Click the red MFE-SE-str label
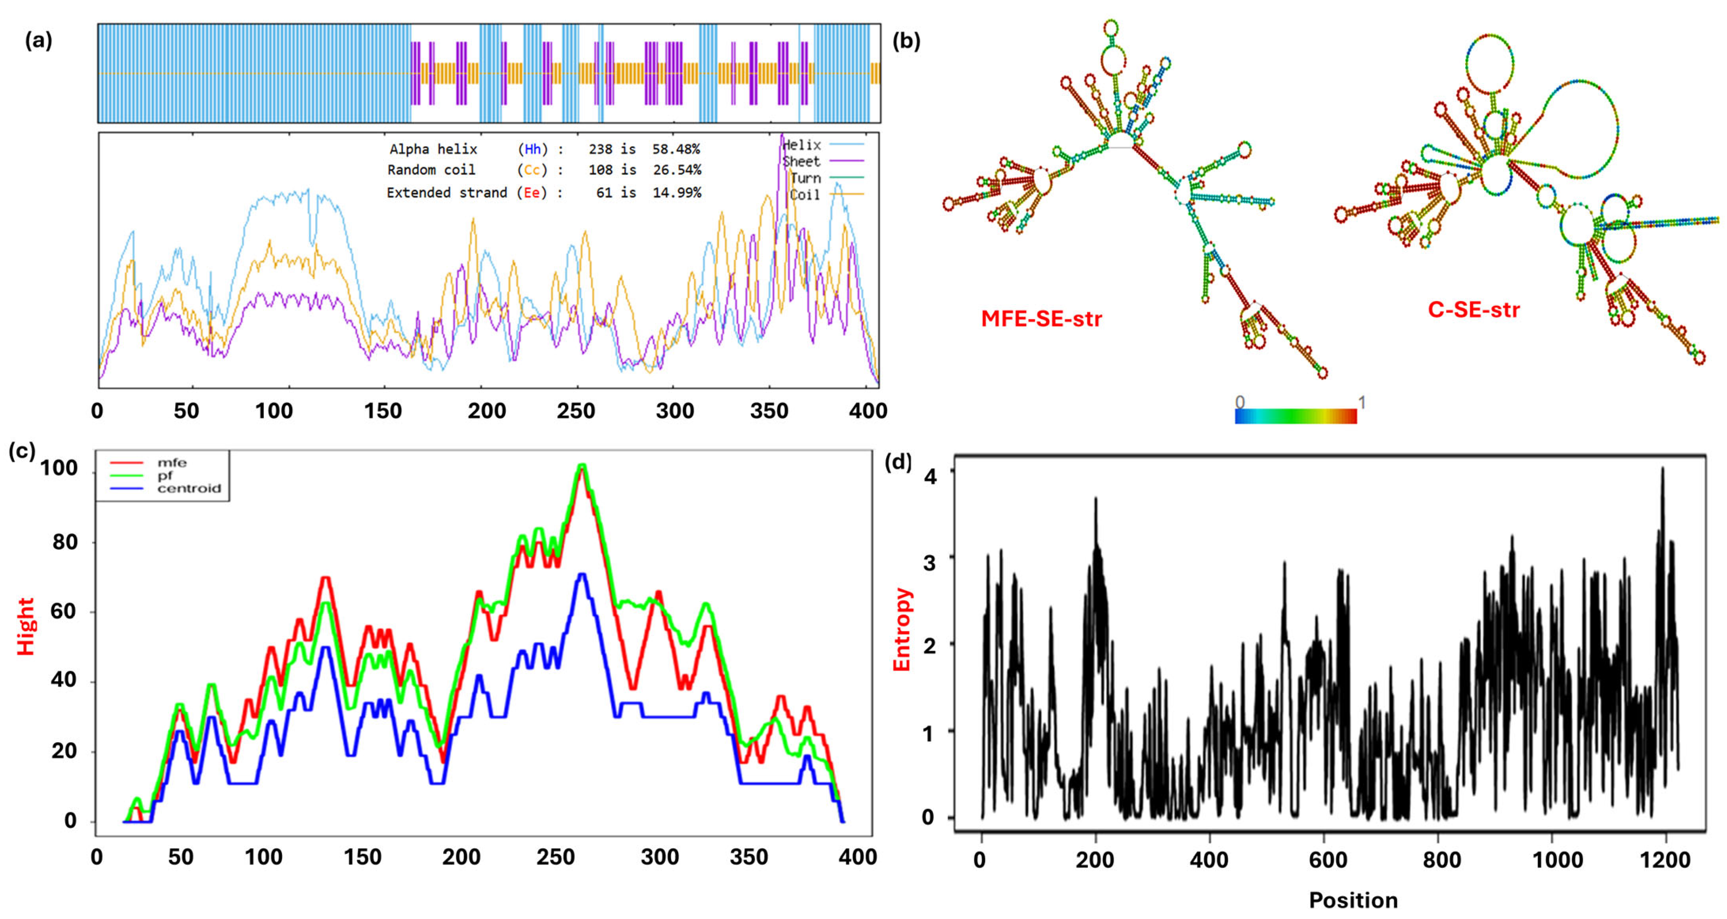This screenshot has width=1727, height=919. (1041, 318)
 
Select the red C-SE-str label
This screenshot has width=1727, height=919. (1473, 310)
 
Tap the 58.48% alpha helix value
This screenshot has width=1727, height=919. (676, 149)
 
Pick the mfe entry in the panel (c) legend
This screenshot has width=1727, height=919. (171, 462)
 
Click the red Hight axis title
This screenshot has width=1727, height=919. (26, 626)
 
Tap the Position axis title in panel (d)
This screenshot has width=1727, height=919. (1353, 900)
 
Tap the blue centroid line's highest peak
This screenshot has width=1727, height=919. (582, 575)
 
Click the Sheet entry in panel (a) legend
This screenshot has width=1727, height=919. (801, 162)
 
